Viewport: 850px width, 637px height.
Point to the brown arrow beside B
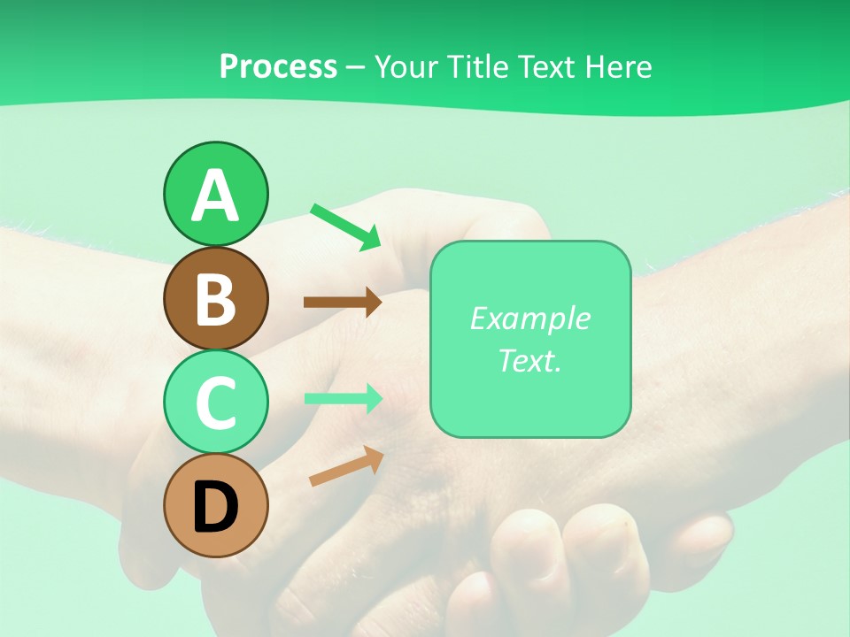point(342,302)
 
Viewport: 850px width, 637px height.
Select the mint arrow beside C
point(344,398)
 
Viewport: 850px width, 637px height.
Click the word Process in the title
point(278,66)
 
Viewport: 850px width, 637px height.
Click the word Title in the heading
point(478,66)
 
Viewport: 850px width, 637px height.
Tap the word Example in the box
point(529,318)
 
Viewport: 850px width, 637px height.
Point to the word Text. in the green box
point(529,360)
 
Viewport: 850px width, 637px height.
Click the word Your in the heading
point(406,66)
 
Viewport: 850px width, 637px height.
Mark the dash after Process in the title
point(355,67)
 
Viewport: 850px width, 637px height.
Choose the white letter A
point(215,196)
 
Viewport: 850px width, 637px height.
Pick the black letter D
point(215,508)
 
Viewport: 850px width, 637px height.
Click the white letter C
point(215,403)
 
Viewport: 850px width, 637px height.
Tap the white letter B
point(215,299)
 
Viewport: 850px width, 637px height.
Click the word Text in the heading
point(549,66)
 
